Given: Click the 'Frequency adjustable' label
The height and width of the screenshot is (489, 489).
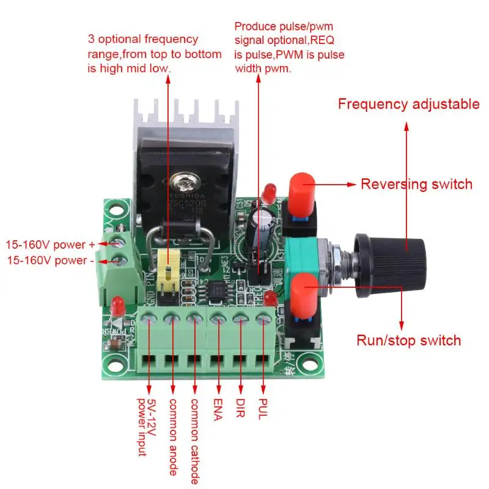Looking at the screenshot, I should tap(408, 105).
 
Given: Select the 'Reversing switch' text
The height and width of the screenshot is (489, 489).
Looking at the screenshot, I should tap(416, 184).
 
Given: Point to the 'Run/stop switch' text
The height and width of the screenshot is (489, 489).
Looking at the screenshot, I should tap(408, 340).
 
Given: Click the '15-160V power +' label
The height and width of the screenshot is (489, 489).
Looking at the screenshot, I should tap(51, 244).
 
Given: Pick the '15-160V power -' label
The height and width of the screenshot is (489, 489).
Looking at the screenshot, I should tap(50, 260).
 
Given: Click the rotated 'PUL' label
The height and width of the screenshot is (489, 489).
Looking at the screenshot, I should tap(264, 409).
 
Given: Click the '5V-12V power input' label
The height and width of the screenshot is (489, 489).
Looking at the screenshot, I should tap(146, 427).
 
